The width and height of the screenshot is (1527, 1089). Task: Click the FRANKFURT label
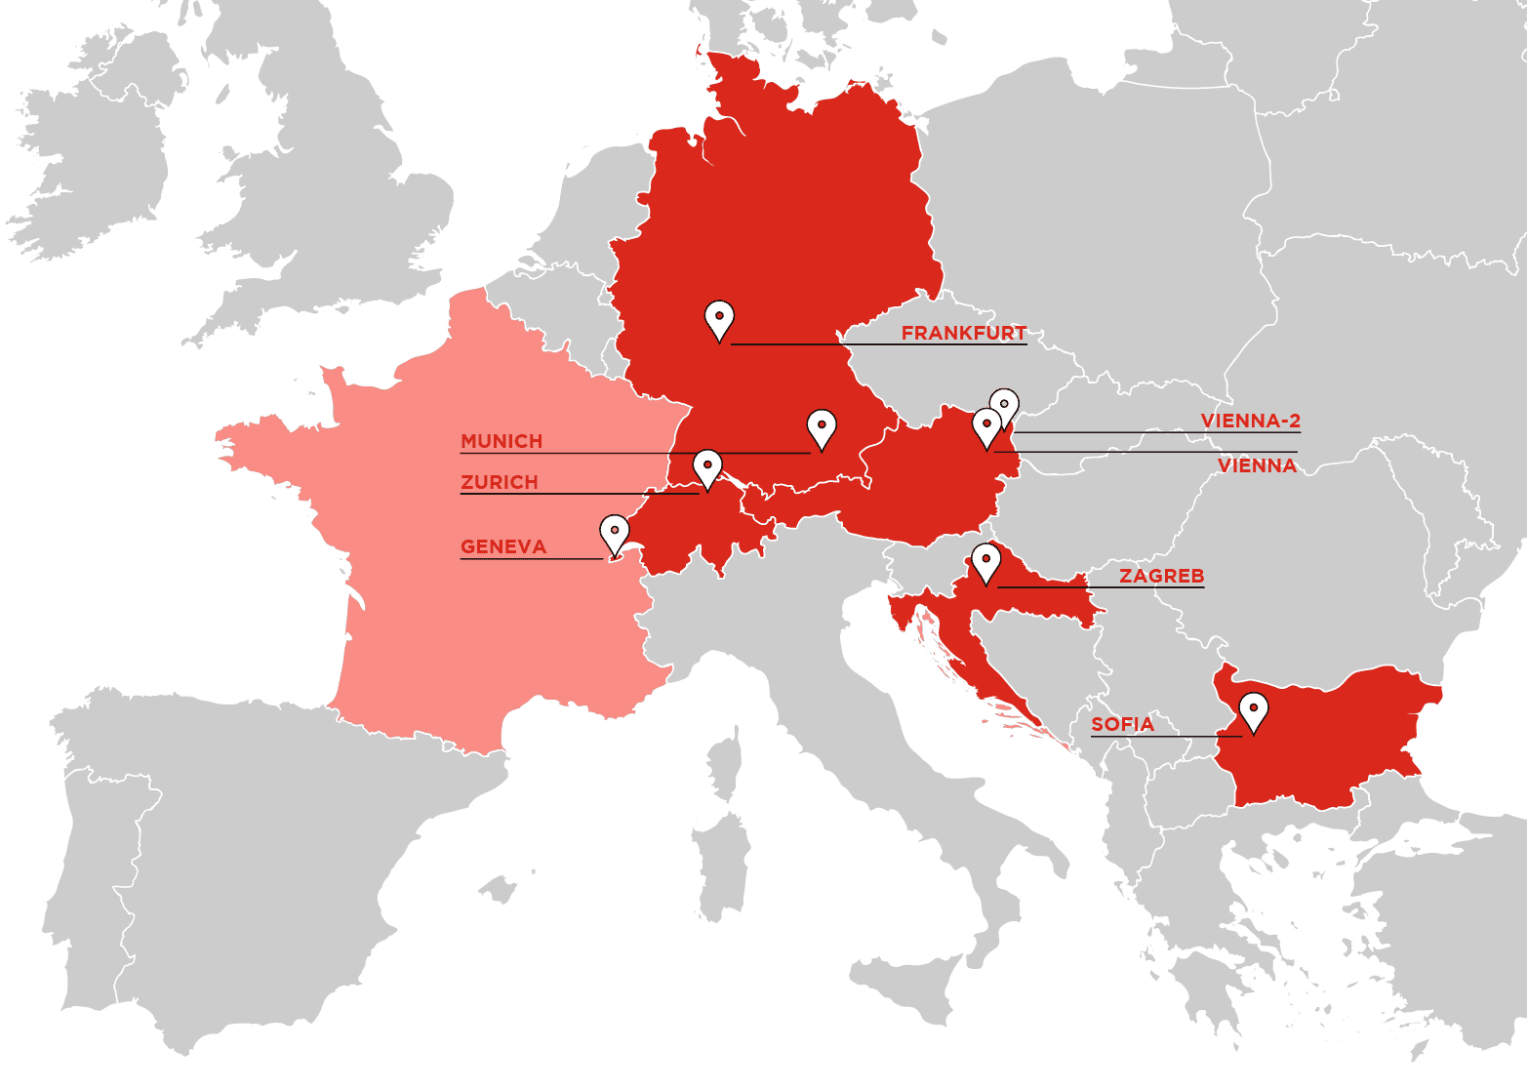(963, 333)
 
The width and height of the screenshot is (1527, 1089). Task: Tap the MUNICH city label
(502, 441)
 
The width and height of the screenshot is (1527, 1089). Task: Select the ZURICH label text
(499, 482)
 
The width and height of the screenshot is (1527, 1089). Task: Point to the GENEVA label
(502, 546)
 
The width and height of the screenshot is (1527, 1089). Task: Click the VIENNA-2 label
(1250, 421)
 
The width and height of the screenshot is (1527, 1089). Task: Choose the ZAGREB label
(1161, 576)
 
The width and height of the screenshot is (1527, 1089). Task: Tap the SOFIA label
(1122, 724)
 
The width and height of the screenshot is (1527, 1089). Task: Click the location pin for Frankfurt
(719, 319)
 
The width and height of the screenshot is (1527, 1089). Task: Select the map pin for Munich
(822, 428)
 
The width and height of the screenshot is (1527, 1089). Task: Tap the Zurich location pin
(707, 468)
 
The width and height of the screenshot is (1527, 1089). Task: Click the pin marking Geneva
(615, 534)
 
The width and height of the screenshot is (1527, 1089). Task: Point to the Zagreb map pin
(986, 563)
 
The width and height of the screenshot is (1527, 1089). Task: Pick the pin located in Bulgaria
(1253, 711)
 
